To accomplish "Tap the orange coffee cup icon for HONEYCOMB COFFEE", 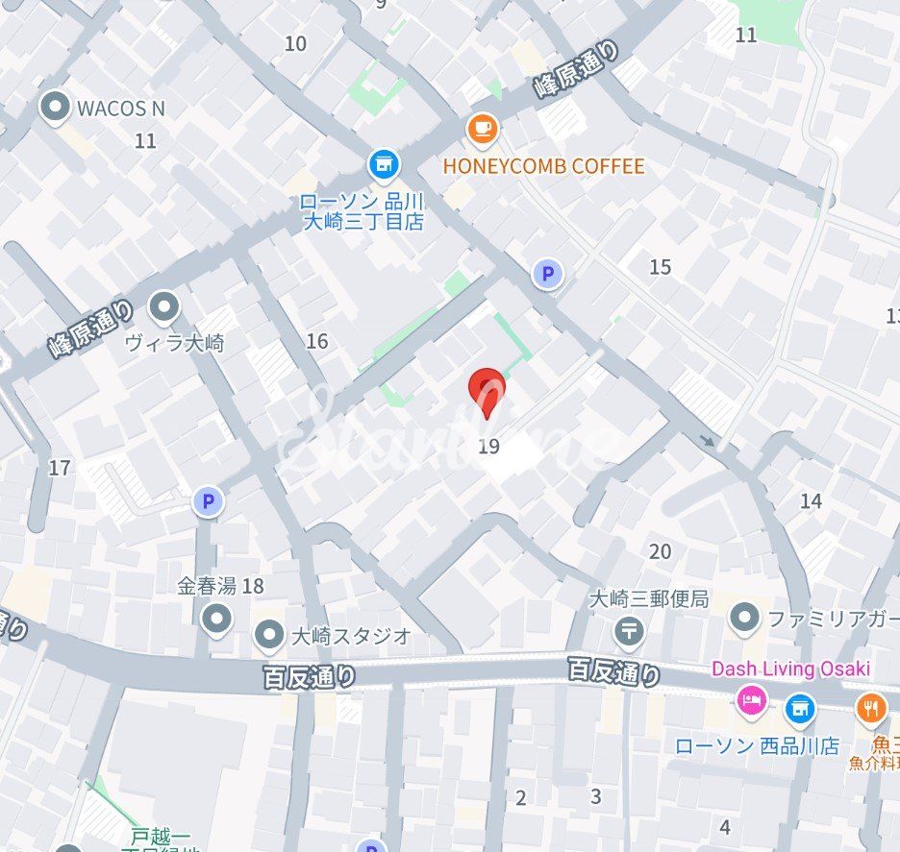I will coord(482,129).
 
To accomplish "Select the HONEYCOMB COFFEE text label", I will coord(543,166).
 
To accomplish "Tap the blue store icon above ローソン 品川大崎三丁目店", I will coord(384,164).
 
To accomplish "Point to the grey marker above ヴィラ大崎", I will coord(165,307).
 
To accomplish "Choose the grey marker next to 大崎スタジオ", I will coord(268,635).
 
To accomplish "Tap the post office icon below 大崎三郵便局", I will coord(629,631).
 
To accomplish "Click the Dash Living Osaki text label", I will coord(790,669).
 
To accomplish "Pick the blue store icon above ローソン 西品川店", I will coord(799,710).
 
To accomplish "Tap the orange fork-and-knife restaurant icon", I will coord(871,710).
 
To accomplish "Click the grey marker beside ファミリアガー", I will coord(744,619).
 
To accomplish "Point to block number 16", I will coord(317,341).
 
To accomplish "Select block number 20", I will coord(660,551).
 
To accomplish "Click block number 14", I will coord(811,500).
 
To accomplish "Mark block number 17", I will coord(60,468).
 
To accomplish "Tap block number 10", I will coord(295,43).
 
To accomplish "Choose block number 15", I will coord(660,267).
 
